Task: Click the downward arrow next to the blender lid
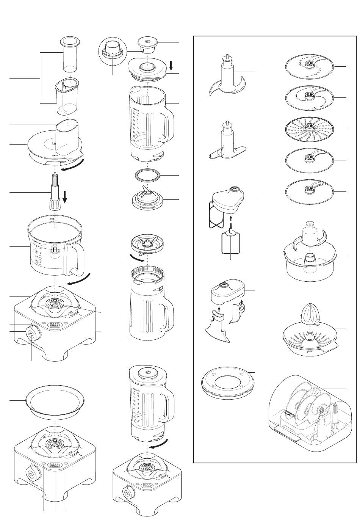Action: click(x=171, y=66)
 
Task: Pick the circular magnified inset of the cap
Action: click(x=113, y=53)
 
